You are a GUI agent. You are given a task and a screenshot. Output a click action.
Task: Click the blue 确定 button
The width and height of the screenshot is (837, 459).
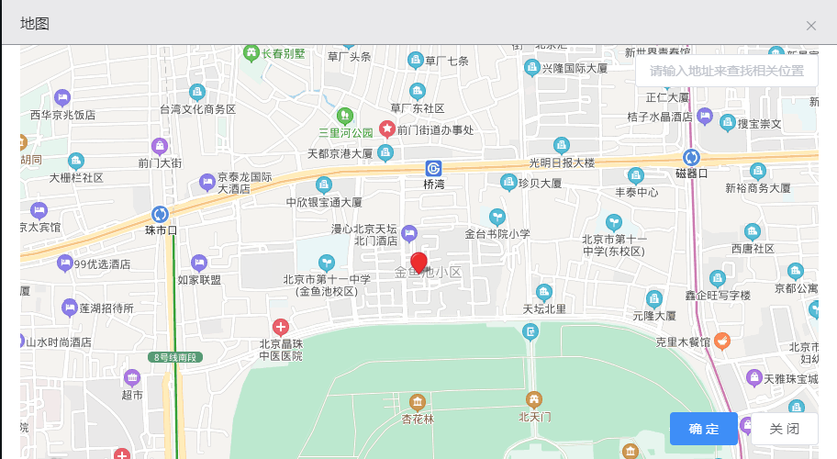pyautogui.click(x=703, y=429)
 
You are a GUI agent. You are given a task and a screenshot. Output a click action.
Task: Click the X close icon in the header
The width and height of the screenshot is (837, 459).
pyautogui.click(x=811, y=26)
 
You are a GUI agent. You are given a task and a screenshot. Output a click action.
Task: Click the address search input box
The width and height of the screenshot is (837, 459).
pyautogui.click(x=726, y=71)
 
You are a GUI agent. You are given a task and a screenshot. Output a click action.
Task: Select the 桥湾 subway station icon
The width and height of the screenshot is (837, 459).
pyautogui.click(x=433, y=168)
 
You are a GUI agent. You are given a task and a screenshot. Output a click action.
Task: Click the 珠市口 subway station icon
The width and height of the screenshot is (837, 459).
pyautogui.click(x=160, y=214)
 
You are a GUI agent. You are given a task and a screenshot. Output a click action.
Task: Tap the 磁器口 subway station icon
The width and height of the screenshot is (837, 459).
pyautogui.click(x=691, y=157)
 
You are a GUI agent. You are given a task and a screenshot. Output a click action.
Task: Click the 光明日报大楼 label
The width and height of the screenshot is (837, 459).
pyautogui.click(x=562, y=162)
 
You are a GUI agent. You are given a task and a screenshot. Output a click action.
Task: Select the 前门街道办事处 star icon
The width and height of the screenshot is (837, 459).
pyautogui.click(x=387, y=129)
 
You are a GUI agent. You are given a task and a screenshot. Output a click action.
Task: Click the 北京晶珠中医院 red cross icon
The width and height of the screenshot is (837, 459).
pyautogui.click(x=281, y=327)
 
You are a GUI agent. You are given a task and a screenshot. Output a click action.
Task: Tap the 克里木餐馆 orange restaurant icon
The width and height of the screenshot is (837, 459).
pyautogui.click(x=722, y=341)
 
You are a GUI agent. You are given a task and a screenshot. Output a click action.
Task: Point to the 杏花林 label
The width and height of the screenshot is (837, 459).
pyautogui.click(x=418, y=420)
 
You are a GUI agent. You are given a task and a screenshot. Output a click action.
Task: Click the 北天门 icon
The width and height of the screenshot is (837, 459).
pyautogui.click(x=533, y=399)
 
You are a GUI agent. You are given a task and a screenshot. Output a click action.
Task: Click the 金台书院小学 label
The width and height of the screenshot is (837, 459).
pyautogui.click(x=497, y=234)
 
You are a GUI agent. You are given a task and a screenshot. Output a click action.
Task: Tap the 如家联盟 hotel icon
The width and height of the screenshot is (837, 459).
pyautogui.click(x=199, y=263)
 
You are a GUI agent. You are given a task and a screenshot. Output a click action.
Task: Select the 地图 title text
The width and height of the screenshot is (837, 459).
pyautogui.click(x=35, y=23)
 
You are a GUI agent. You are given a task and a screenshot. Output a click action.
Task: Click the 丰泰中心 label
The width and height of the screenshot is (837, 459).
pyautogui.click(x=636, y=193)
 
